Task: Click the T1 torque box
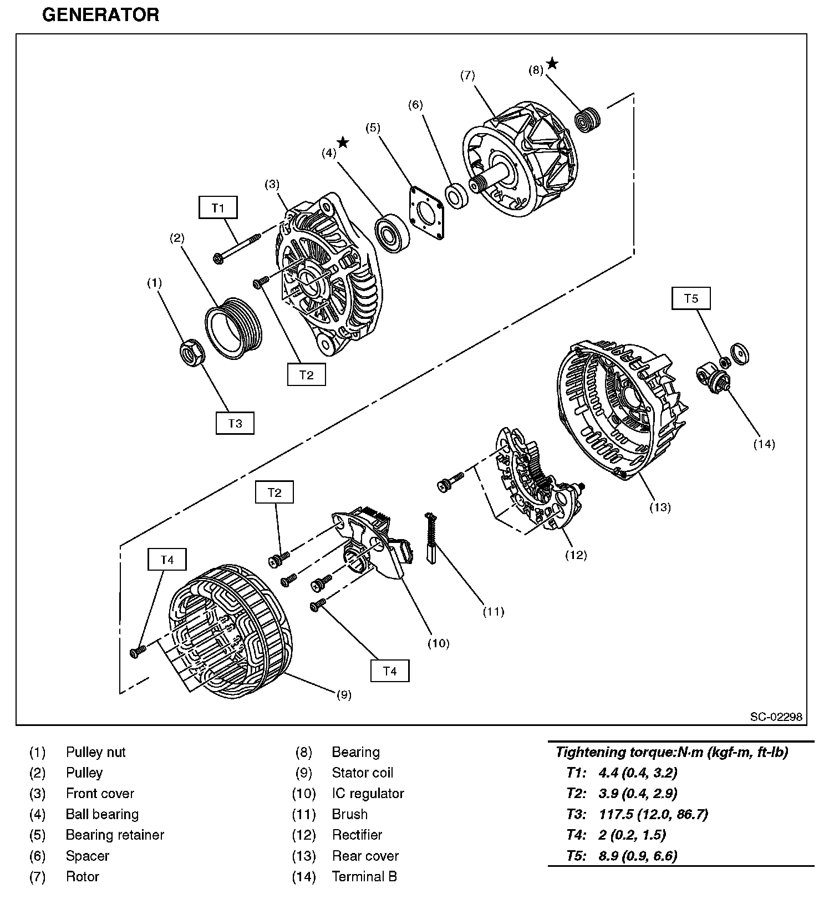click(x=218, y=208)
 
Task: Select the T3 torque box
click(x=235, y=423)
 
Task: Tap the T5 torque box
click(x=691, y=298)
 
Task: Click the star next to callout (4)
click(x=343, y=143)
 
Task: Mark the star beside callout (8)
click(x=552, y=64)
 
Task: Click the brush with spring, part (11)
click(x=431, y=539)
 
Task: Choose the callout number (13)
click(x=660, y=507)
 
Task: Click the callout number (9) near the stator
click(x=344, y=694)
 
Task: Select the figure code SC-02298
click(x=776, y=717)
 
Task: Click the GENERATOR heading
click(x=100, y=14)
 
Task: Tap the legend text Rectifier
click(x=357, y=835)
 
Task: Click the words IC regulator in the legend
click(x=368, y=793)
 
